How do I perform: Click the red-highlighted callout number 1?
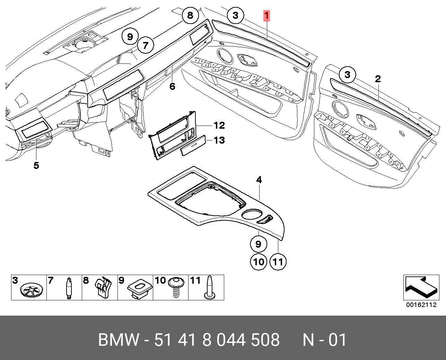(x=266, y=16)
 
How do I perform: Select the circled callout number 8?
(x=190, y=15)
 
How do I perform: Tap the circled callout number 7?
(x=146, y=45)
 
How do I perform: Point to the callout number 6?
(x=172, y=86)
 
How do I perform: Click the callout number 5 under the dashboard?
(x=36, y=165)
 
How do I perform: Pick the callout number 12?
(x=219, y=125)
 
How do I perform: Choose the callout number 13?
(x=219, y=140)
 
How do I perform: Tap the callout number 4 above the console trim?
(x=259, y=180)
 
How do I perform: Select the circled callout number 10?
(x=259, y=262)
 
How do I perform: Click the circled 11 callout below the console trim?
(x=278, y=262)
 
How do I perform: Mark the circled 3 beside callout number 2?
(x=348, y=75)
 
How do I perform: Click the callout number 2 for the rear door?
(x=378, y=79)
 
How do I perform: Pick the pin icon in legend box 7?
(x=69, y=288)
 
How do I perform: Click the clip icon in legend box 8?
(x=103, y=287)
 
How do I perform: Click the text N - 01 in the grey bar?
(x=324, y=340)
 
